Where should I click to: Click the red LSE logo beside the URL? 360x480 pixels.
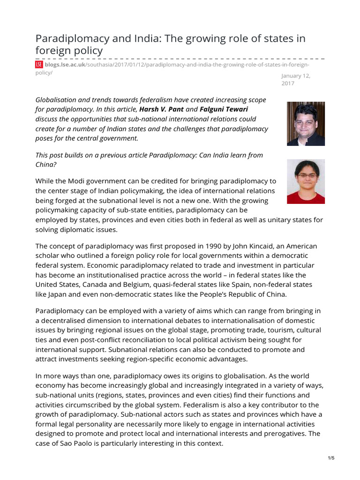click(39, 65)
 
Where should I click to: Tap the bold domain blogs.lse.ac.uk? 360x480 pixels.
click(65, 65)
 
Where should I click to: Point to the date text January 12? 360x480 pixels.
click(296, 75)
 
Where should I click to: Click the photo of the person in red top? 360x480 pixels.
click(306, 181)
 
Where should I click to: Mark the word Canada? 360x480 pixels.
click(97, 285)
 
